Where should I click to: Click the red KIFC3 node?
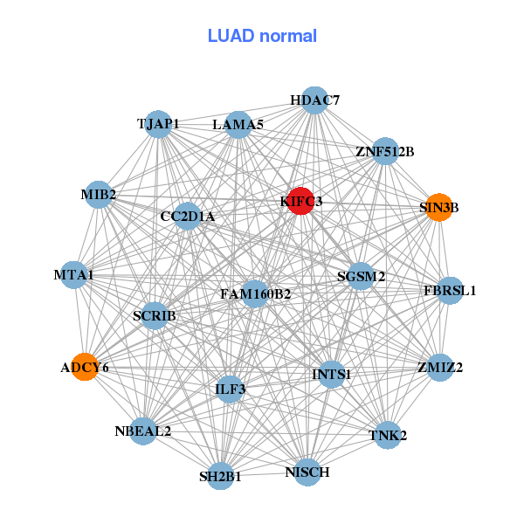coord(300,201)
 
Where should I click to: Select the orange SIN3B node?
coord(438,207)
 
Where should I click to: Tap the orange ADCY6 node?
coord(85,367)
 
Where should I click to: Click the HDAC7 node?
coord(314,100)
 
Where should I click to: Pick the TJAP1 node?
coord(158,124)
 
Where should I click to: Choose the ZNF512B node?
coord(384,151)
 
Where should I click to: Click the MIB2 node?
coord(99,194)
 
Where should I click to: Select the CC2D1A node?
coord(187,216)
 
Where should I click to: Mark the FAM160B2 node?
coord(255,293)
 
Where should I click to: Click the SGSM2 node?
coord(361,277)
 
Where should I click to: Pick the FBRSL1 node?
coord(450,290)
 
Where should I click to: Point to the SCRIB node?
coord(155,315)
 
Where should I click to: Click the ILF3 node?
coord(231,389)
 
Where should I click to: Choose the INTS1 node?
coord(331,375)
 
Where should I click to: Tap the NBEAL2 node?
coord(142,431)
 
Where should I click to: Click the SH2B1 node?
coord(220,476)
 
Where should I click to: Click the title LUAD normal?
coord(262,36)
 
